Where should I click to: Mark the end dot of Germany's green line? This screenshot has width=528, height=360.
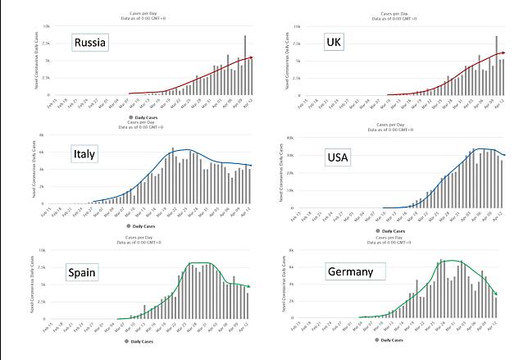coord(496,293)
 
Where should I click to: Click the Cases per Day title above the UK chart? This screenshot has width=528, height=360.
coord(397,13)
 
